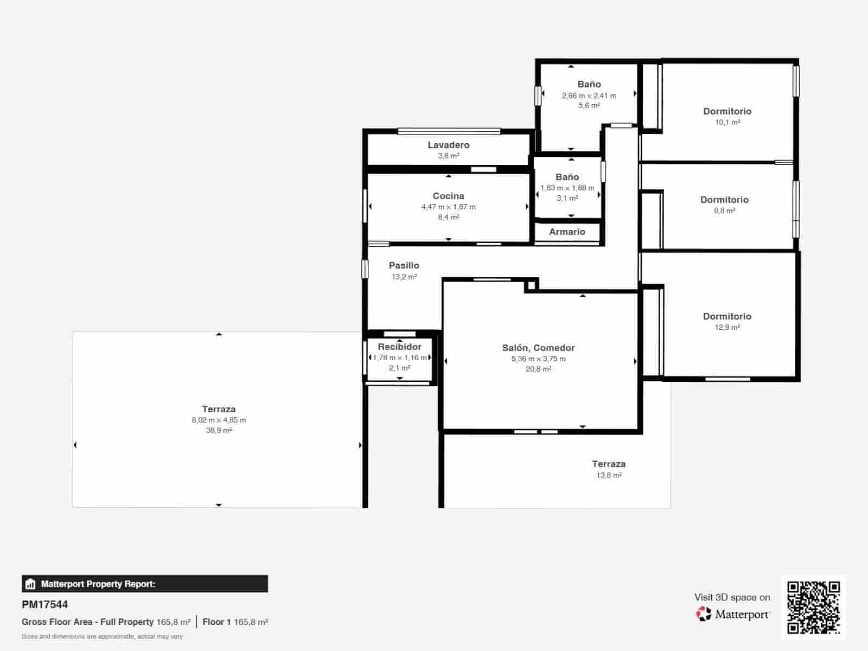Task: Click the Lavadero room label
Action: pyautogui.click(x=448, y=145)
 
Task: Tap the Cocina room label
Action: pyautogui.click(x=448, y=196)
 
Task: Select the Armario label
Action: pyautogui.click(x=567, y=232)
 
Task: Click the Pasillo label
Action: pyautogui.click(x=404, y=265)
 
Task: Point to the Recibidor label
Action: pyautogui.click(x=399, y=347)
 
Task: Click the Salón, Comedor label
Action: pyautogui.click(x=538, y=348)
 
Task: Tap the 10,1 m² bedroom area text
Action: pyautogui.click(x=727, y=122)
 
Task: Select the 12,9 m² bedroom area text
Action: pyautogui.click(x=727, y=327)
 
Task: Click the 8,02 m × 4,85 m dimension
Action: pyautogui.click(x=219, y=420)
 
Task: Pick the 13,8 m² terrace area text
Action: pyautogui.click(x=609, y=475)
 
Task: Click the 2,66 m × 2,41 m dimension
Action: pyautogui.click(x=589, y=95)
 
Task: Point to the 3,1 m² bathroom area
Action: pyautogui.click(x=567, y=198)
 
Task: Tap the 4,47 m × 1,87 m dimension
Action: pyautogui.click(x=448, y=207)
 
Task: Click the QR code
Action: pyautogui.click(x=813, y=607)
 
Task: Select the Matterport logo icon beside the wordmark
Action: pyautogui.click(x=704, y=614)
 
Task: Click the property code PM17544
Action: pyautogui.click(x=45, y=604)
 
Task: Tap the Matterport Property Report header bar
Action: pyautogui.click(x=144, y=584)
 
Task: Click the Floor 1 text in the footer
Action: pyautogui.click(x=216, y=622)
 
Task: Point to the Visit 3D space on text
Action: pyautogui.click(x=732, y=597)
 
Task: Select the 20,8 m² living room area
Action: pyautogui.click(x=538, y=369)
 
